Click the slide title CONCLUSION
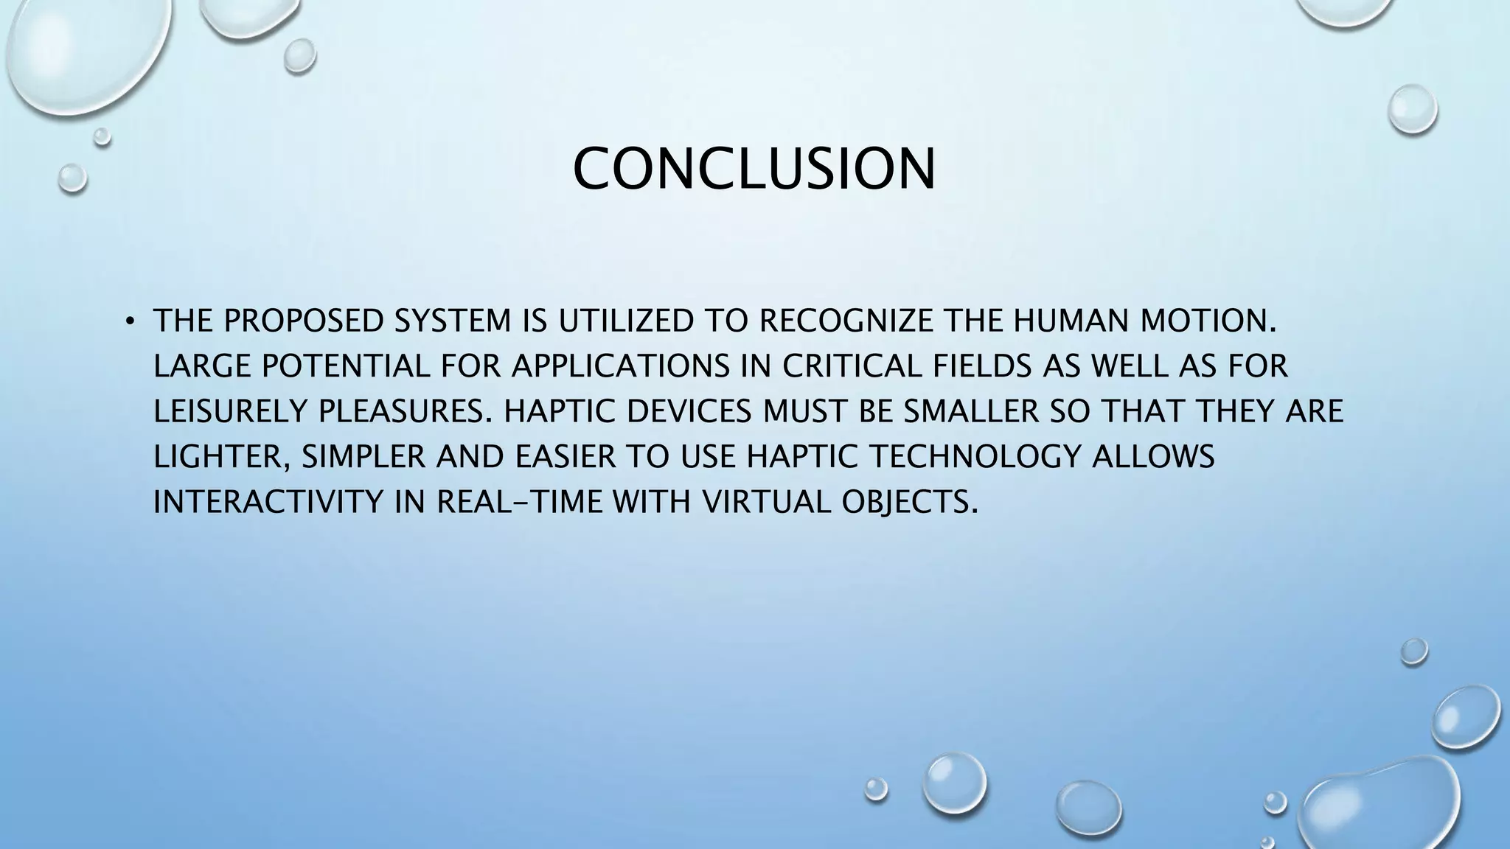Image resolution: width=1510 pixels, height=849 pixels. click(x=754, y=169)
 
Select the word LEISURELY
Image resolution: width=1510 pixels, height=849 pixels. click(x=230, y=412)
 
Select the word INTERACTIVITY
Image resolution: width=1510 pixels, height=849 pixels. click(x=268, y=503)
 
